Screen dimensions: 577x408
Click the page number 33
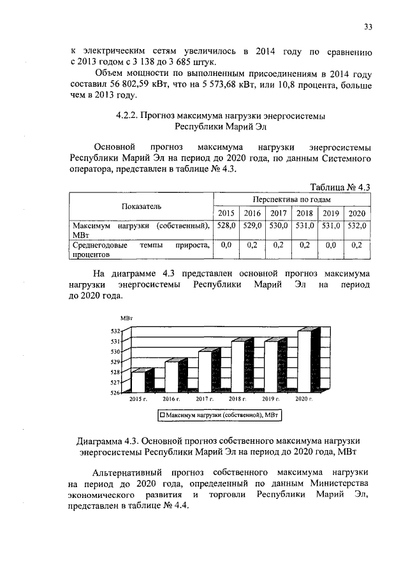[x=368, y=26]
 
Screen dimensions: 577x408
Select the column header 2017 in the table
[x=278, y=212]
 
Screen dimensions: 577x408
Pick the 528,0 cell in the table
[x=226, y=226]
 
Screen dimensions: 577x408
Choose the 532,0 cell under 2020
[x=357, y=226]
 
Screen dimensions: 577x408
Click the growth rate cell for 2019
[x=330, y=244]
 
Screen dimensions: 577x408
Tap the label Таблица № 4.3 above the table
[x=339, y=187]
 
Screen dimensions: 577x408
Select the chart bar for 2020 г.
[x=305, y=361]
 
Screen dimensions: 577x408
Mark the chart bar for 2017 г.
[x=205, y=371]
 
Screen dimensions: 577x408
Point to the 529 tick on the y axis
[x=115, y=362]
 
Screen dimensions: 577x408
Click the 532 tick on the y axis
[x=115, y=332]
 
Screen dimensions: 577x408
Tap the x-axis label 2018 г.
[x=238, y=398]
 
